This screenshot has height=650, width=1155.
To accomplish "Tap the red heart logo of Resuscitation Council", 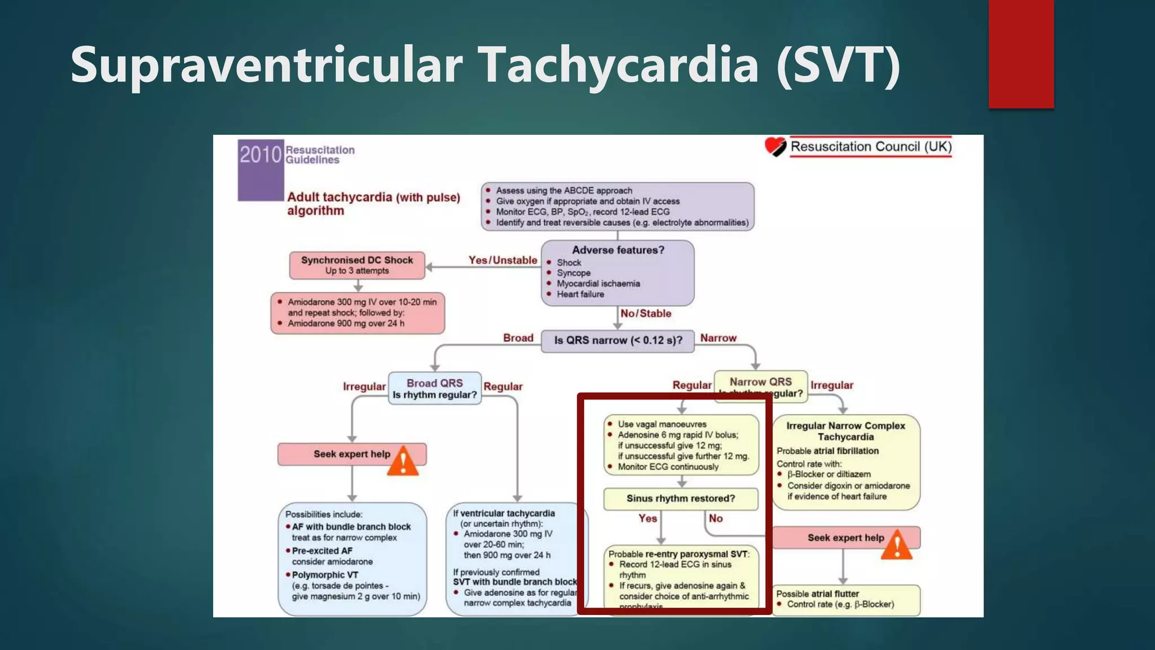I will click(x=775, y=147).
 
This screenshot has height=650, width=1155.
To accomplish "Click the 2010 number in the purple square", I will click(x=260, y=155).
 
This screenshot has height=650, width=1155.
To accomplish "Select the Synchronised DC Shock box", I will click(x=357, y=265).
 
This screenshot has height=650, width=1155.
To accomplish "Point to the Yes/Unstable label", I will click(x=502, y=260).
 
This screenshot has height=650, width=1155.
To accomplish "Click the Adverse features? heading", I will click(x=618, y=250).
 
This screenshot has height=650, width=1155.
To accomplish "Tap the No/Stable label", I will click(x=646, y=314).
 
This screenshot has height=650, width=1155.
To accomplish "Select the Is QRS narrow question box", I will click(x=618, y=341).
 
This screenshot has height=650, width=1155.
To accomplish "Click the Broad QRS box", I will click(x=434, y=388).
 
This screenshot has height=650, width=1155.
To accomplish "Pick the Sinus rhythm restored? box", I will click(x=681, y=499).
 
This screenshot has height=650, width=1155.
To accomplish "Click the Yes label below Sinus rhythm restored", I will click(x=647, y=519).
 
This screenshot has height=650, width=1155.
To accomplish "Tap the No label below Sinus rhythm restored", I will click(x=716, y=519).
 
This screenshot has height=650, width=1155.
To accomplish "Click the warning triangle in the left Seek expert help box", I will click(x=403, y=461).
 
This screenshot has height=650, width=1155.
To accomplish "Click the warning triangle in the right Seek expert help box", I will click(x=897, y=545).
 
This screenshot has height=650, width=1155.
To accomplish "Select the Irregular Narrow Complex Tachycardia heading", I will click(x=845, y=431).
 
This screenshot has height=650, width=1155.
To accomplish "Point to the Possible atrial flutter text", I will click(x=817, y=594).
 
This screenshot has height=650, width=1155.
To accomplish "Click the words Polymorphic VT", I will click(x=325, y=575).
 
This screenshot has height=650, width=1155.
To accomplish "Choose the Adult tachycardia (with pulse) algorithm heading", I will click(x=373, y=204).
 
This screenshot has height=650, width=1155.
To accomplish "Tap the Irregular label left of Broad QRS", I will click(x=364, y=387).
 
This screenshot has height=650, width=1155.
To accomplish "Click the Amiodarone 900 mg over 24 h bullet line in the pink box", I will click(x=346, y=323).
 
